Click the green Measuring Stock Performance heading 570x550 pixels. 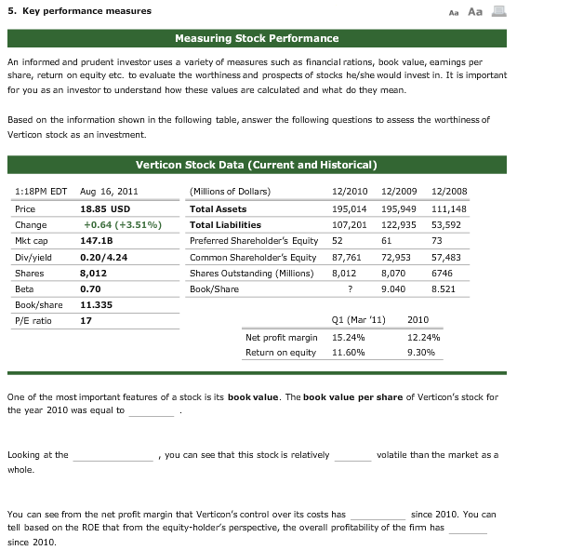coord(257,38)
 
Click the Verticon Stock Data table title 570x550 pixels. coord(256,165)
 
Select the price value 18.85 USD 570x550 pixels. coord(105,209)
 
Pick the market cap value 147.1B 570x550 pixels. coord(97,241)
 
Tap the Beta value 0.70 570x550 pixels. coord(91,288)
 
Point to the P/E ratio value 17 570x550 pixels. coord(86,321)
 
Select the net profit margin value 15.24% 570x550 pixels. coord(348,337)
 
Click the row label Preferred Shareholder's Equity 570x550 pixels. coord(253,241)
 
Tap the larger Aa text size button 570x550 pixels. coord(475,11)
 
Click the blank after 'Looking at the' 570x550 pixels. coord(113,456)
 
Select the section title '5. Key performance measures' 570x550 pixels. coord(79,11)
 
